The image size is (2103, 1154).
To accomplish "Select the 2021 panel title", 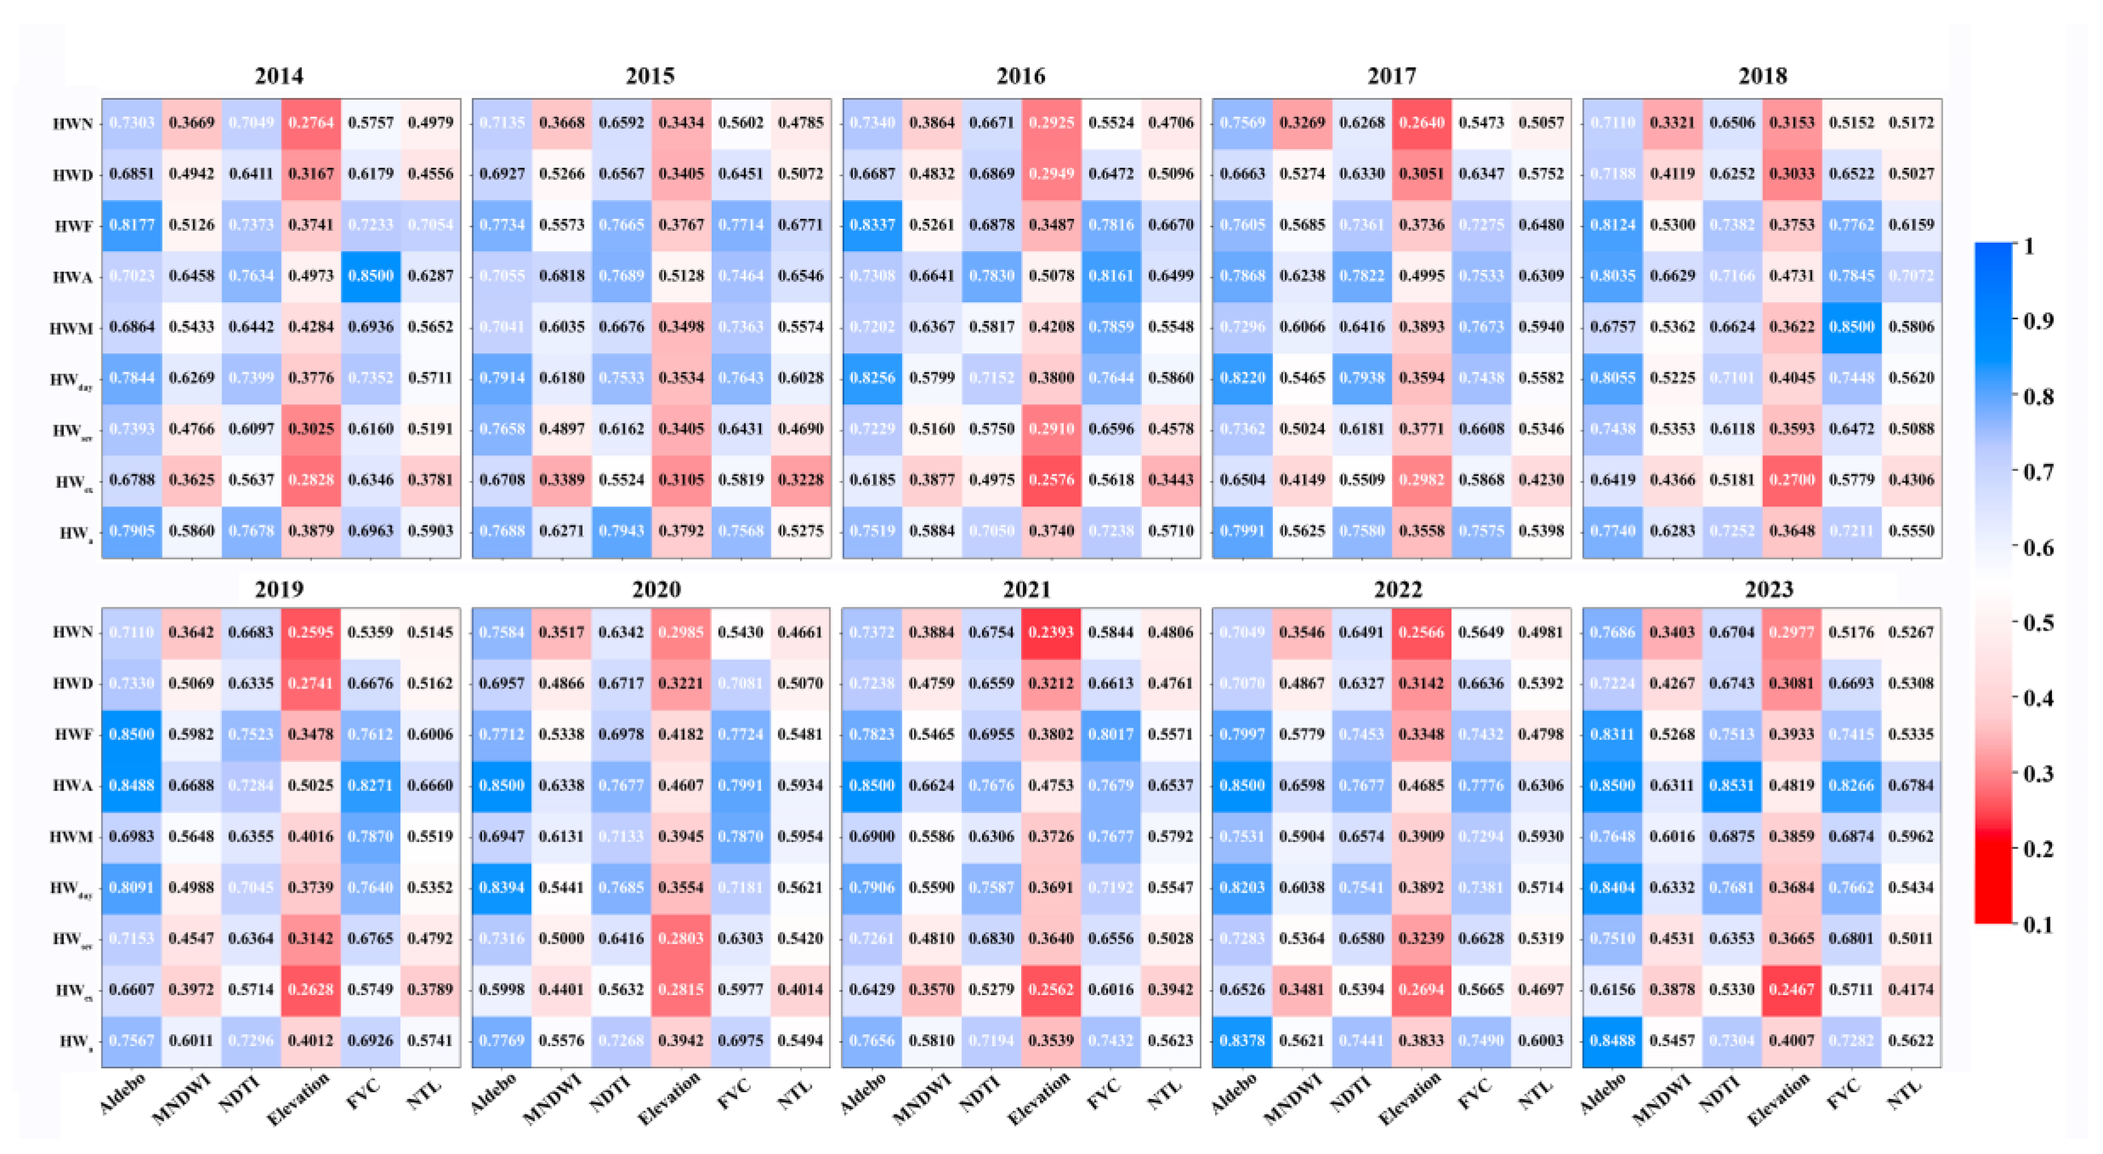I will click(x=1026, y=589).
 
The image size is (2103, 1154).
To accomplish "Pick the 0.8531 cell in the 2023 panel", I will click(x=1732, y=785).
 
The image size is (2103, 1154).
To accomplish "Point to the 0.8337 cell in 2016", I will click(x=872, y=225).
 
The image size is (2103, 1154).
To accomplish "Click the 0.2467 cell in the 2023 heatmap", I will click(x=1791, y=989).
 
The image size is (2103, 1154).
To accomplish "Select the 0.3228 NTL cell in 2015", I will click(x=800, y=479).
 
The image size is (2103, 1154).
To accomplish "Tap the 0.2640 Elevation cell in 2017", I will click(x=1421, y=122).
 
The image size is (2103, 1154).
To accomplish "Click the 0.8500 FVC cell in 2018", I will click(x=1851, y=327).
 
